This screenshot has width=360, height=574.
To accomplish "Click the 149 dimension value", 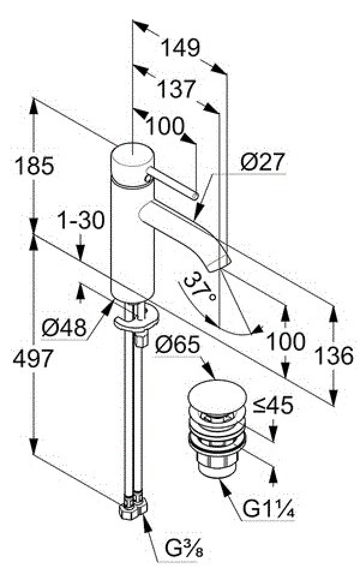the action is click(x=181, y=47).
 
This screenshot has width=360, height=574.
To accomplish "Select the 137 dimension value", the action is click(x=177, y=89).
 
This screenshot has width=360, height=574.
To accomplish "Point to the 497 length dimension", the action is click(x=33, y=358).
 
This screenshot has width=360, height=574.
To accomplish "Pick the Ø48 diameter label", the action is click(x=64, y=327).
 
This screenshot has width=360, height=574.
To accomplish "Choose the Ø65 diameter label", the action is click(x=178, y=345).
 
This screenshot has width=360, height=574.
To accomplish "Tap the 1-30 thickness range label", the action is click(x=82, y=221).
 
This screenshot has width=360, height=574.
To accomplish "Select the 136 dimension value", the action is click(x=334, y=355).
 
